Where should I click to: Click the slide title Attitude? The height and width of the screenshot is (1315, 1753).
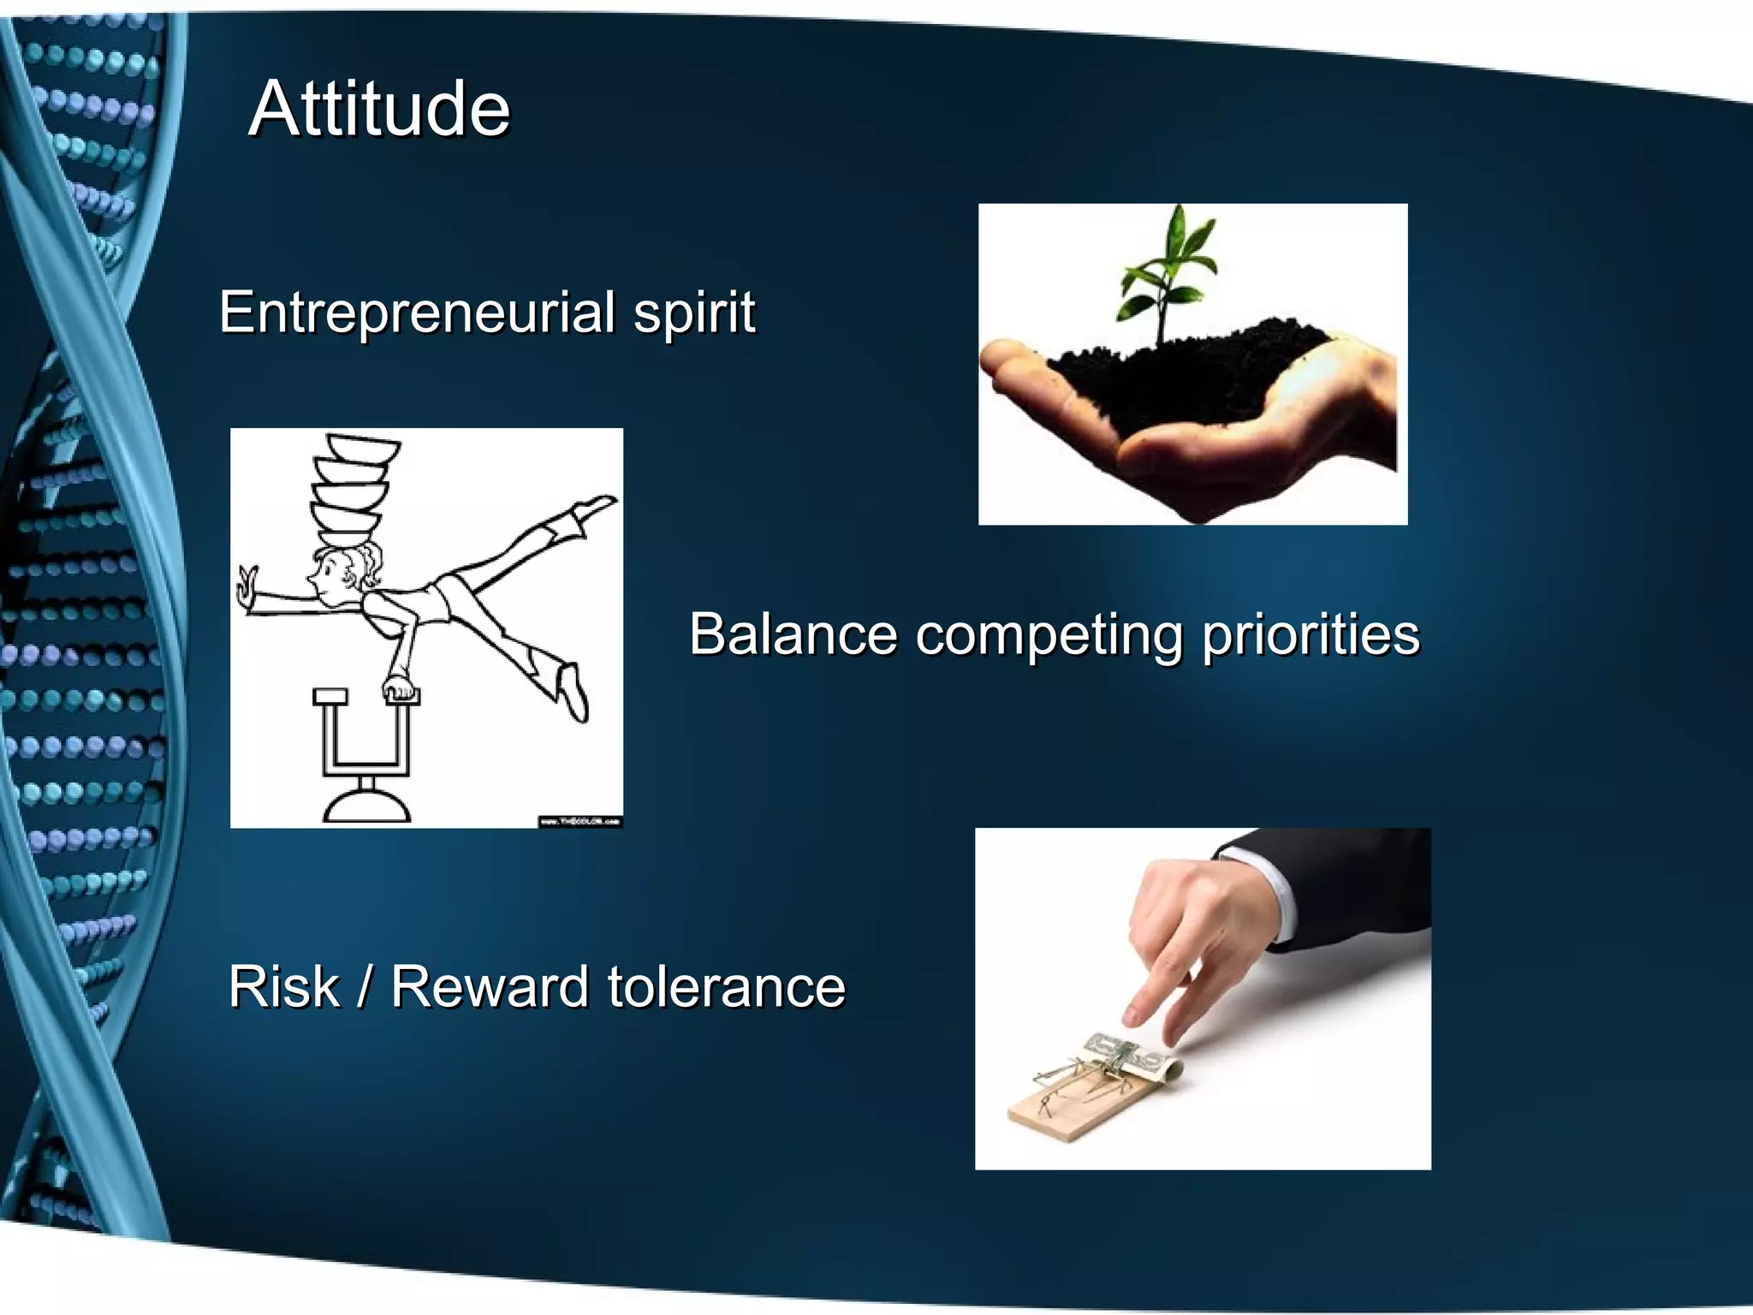click(379, 109)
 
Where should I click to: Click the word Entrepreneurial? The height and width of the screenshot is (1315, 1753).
click(417, 312)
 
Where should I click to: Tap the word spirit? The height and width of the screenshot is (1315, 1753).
click(694, 313)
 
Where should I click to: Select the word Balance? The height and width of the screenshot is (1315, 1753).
click(793, 634)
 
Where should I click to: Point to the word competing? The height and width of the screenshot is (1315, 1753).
click(1049, 636)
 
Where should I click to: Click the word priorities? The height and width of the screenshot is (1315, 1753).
click(1310, 636)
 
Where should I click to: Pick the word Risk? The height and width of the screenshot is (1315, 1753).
click(284, 986)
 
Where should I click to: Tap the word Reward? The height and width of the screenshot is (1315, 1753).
click(490, 986)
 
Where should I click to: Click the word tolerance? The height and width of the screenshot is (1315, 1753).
click(726, 986)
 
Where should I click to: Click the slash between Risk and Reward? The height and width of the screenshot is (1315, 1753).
click(365, 987)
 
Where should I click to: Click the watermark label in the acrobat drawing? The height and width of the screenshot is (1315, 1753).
click(579, 821)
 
